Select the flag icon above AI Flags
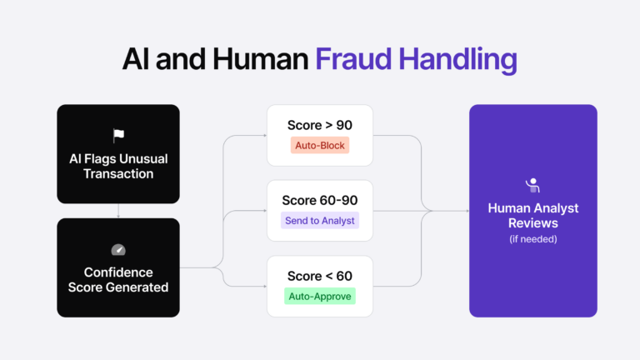click(118, 136)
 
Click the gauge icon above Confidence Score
click(118, 249)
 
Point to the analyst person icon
click(532, 185)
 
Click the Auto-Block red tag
click(319, 145)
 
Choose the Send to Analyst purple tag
click(319, 221)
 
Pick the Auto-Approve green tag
click(320, 296)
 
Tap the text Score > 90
click(319, 125)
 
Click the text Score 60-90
click(319, 201)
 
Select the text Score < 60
click(319, 276)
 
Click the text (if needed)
click(533, 239)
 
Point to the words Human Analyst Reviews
click(533, 216)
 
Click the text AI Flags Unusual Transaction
click(118, 166)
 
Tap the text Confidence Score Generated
click(118, 279)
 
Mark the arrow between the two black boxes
click(118, 212)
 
